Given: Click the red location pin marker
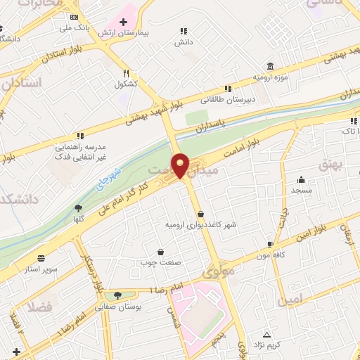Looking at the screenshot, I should click(181, 165).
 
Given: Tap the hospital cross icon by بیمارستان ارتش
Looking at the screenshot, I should click(123, 22).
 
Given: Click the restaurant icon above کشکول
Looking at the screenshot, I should click(126, 72).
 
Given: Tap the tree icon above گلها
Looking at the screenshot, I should click(78, 207).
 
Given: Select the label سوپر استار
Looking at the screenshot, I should click(39, 269).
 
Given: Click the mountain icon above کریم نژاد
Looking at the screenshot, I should click(266, 335).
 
